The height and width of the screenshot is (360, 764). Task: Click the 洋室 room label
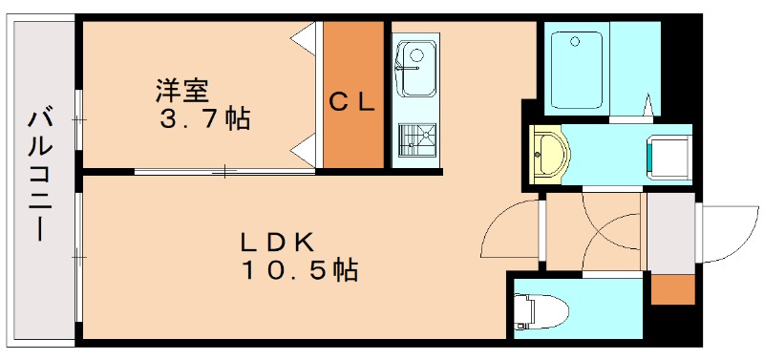pos(182,92)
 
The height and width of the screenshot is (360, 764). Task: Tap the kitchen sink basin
pos(415,68)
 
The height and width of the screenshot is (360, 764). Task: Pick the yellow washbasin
pos(548,151)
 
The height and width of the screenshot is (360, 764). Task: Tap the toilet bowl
pos(540,310)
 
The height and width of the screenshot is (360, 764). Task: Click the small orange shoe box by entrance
pos(672,289)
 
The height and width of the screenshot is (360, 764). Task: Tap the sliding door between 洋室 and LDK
pos(224,172)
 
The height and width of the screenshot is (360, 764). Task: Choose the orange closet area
pos(352,134)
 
